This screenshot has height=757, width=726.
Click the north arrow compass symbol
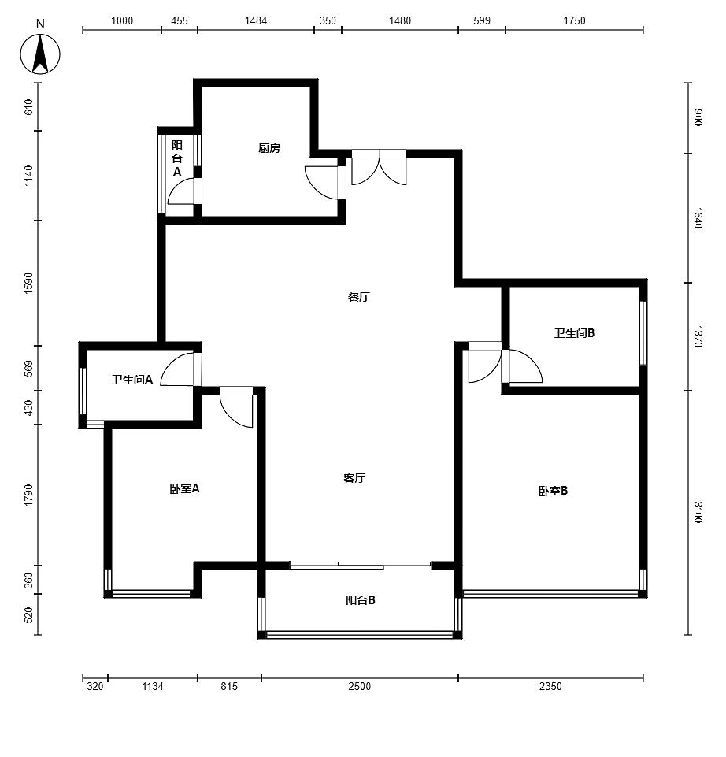click(x=40, y=54)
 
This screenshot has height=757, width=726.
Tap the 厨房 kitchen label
click(x=269, y=148)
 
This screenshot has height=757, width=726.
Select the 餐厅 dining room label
click(x=358, y=297)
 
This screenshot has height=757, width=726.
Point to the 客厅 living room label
click(x=354, y=478)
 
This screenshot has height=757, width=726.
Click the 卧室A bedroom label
click(x=184, y=488)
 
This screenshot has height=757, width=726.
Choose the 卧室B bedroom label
click(x=554, y=491)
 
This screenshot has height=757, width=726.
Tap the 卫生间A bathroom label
click(x=132, y=380)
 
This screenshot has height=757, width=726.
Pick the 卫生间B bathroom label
click(x=575, y=333)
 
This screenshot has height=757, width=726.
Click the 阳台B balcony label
click(x=361, y=600)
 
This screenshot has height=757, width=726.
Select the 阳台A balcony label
click(x=177, y=158)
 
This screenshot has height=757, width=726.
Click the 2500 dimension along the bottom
click(x=360, y=686)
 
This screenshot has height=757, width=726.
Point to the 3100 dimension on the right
click(x=698, y=512)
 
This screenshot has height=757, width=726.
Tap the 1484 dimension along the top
click(x=256, y=20)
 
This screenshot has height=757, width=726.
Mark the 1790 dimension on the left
click(x=29, y=495)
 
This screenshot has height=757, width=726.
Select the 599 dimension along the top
click(x=482, y=20)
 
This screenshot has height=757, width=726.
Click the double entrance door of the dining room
click(x=379, y=167)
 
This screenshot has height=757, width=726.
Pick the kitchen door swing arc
click(x=315, y=186)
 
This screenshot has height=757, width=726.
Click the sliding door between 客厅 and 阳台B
click(x=360, y=566)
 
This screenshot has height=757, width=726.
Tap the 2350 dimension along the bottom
click(x=550, y=686)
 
